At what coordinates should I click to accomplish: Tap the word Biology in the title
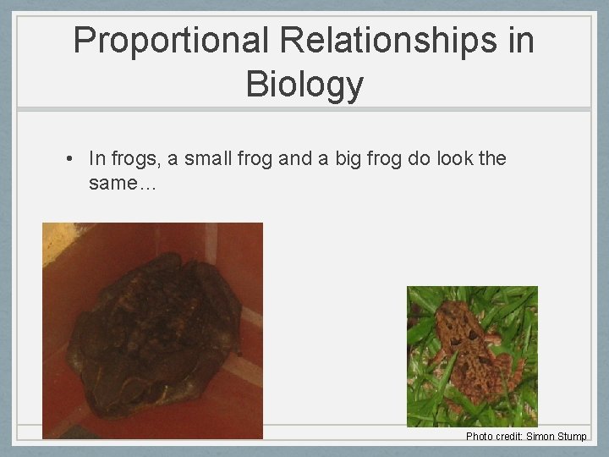tap(304, 84)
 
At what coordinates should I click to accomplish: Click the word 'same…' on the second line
tap(122, 182)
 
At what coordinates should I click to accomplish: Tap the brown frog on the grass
tap(474, 347)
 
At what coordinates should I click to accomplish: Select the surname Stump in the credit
tap(573, 437)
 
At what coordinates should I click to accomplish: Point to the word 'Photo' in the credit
tap(479, 437)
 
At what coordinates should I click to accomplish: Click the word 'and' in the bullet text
tap(295, 158)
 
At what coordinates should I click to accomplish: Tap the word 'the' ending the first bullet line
tap(492, 158)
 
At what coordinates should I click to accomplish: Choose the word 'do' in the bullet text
tap(420, 158)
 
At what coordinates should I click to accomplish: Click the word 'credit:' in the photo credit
tap(508, 437)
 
